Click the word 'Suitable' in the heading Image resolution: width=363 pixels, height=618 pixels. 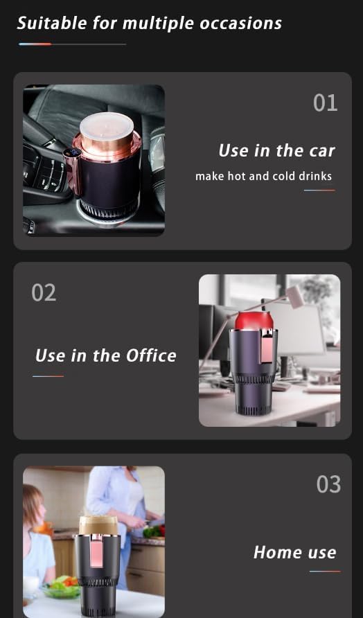(53, 23)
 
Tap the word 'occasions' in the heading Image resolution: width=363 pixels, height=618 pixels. (240, 24)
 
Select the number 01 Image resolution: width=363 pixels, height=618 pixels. (325, 103)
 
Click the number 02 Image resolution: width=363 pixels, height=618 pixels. (44, 293)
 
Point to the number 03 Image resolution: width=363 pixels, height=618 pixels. (328, 484)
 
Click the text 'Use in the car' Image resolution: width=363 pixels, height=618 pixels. (276, 150)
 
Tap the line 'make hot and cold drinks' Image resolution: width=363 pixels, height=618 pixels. (264, 176)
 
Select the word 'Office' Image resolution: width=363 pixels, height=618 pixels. (151, 355)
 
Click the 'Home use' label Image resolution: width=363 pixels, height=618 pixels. (295, 552)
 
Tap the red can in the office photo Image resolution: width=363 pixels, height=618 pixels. (254, 321)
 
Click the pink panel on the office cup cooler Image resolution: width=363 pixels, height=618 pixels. (267, 347)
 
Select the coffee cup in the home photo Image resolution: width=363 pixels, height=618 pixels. (98, 525)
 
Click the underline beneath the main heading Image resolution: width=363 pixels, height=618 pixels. (72, 44)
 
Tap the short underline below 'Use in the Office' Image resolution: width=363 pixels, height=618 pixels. (48, 376)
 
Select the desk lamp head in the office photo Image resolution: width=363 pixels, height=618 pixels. (295, 297)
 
